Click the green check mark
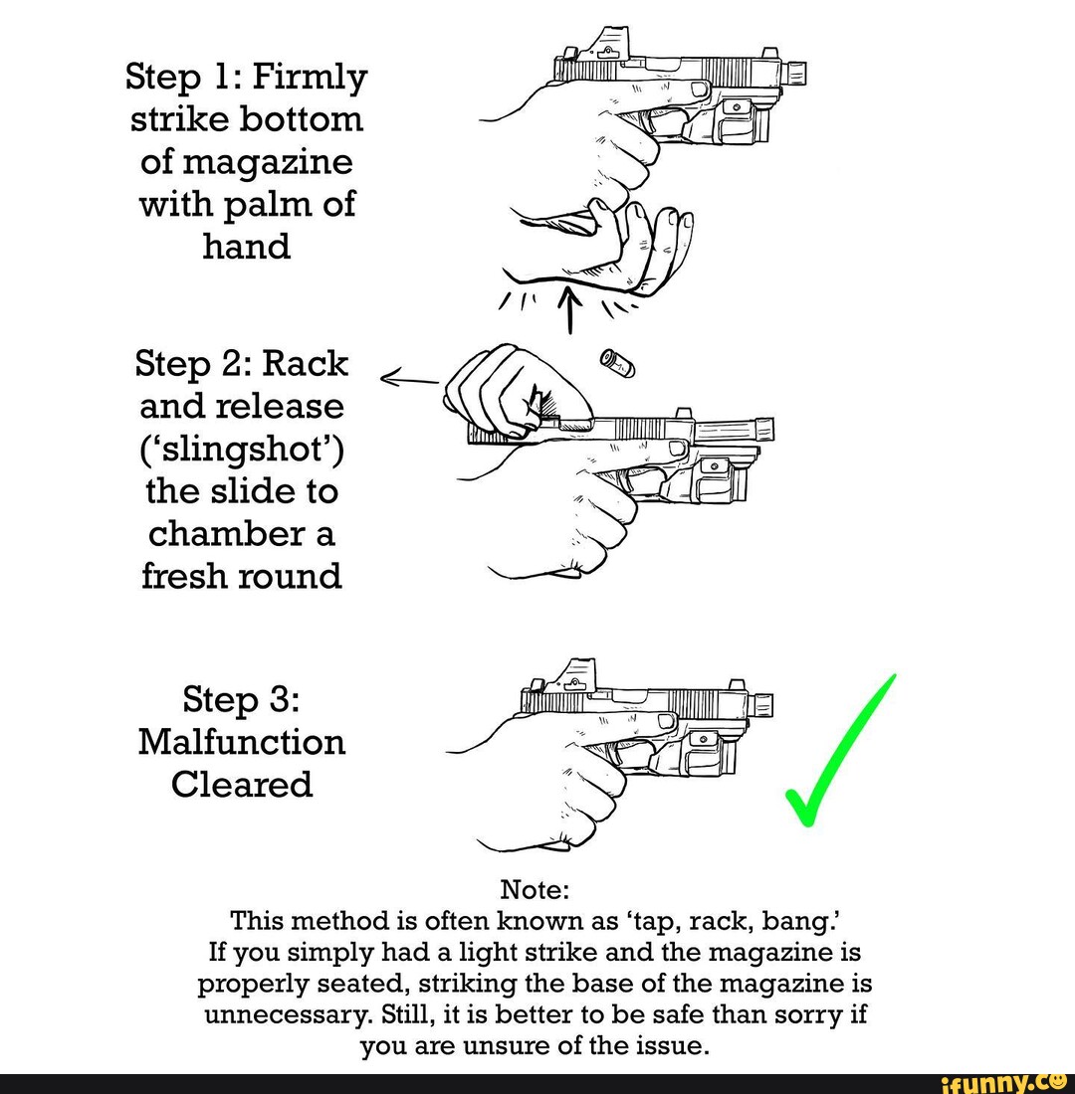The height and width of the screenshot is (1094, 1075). (836, 756)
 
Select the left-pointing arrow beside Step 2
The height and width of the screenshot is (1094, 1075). (409, 377)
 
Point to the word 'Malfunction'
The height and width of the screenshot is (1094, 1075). (243, 742)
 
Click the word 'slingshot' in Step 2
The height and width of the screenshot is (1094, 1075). (243, 451)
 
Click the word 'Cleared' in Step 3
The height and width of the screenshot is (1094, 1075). (243, 785)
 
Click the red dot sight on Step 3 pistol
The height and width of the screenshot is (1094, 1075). (575, 675)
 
